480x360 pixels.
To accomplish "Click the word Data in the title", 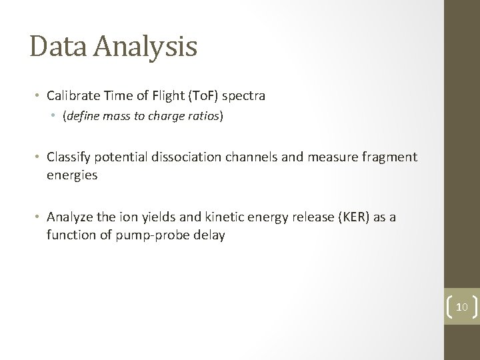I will [x=60, y=47].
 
